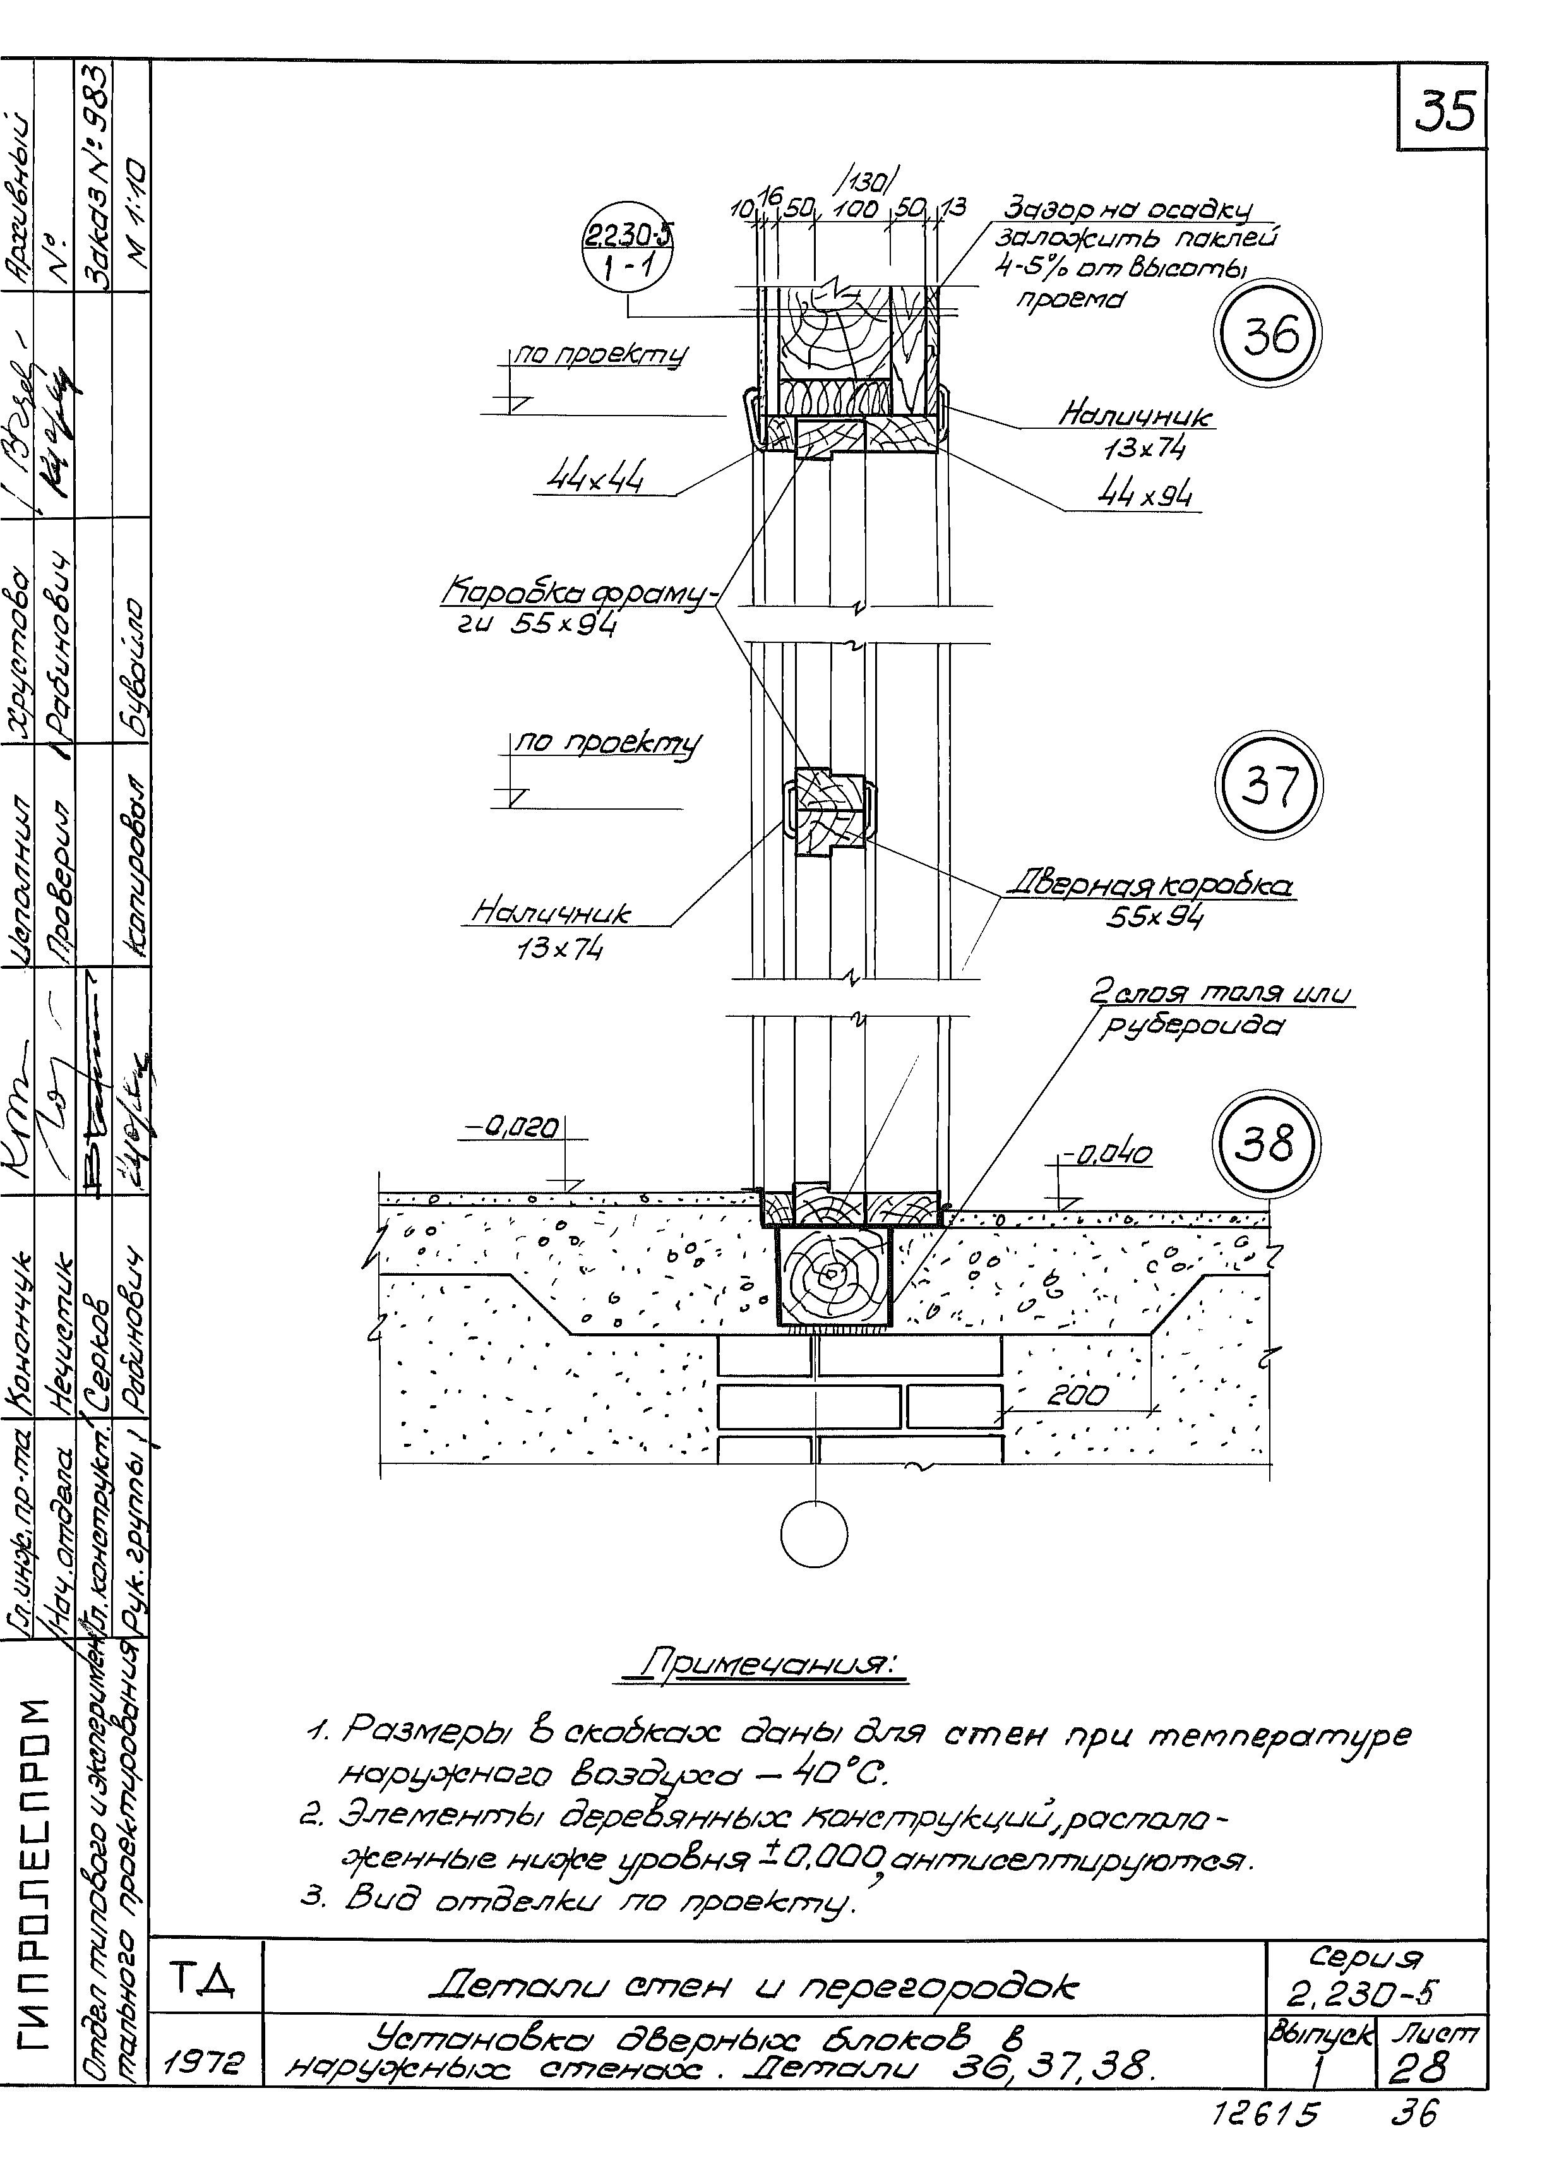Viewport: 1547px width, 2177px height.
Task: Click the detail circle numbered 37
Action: point(1270,786)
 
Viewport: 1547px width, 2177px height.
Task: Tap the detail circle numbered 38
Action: point(1267,1143)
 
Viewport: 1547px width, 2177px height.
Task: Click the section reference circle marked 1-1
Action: point(626,253)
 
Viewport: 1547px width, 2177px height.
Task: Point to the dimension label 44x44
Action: point(594,476)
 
